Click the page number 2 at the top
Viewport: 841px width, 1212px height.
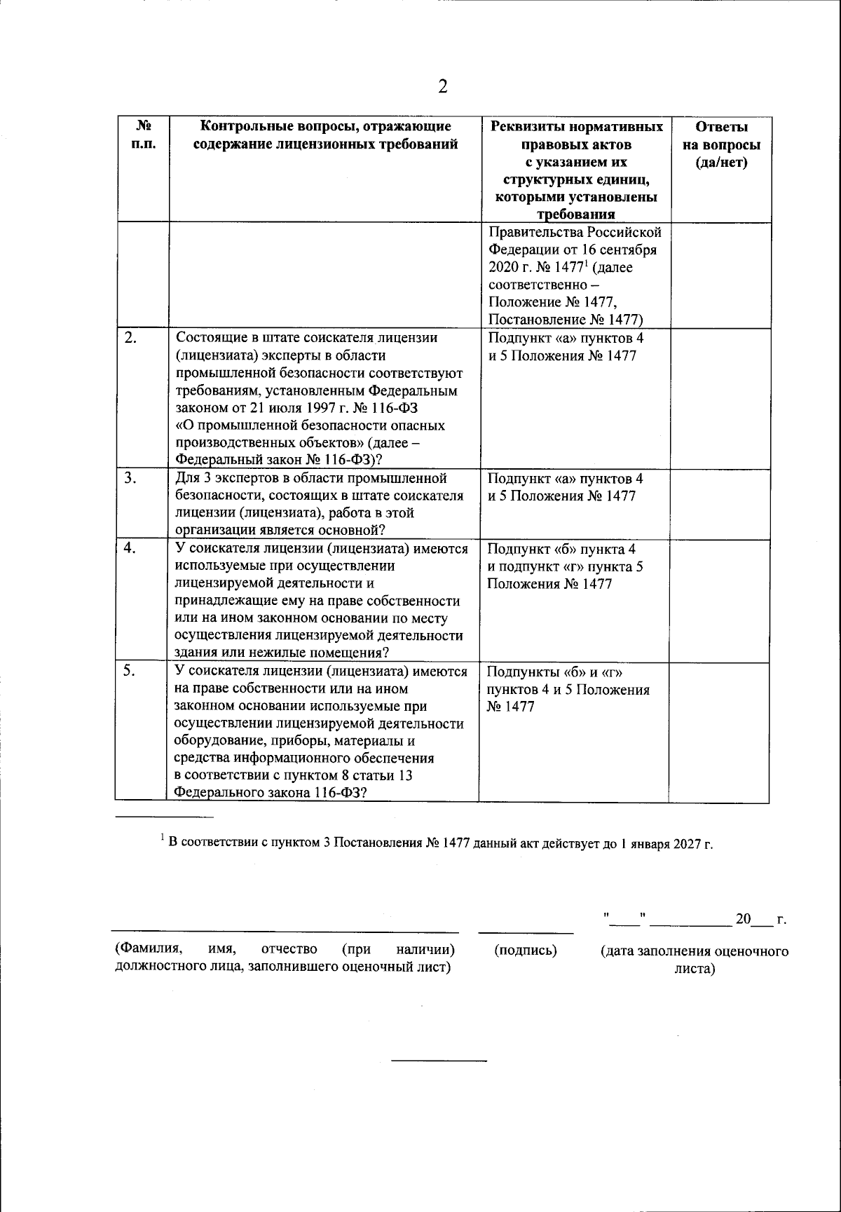(442, 86)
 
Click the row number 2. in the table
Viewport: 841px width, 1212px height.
(130, 339)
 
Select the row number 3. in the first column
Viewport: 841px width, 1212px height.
(130, 479)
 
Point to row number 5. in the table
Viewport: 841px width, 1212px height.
(130, 671)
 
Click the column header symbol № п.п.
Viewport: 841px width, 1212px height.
(143, 136)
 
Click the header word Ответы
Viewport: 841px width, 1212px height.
(721, 127)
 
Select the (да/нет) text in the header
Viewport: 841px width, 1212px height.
(721, 163)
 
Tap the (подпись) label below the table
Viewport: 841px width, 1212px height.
(526, 951)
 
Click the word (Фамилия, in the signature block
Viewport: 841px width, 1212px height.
(149, 949)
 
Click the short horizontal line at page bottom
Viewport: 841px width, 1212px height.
(438, 1060)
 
